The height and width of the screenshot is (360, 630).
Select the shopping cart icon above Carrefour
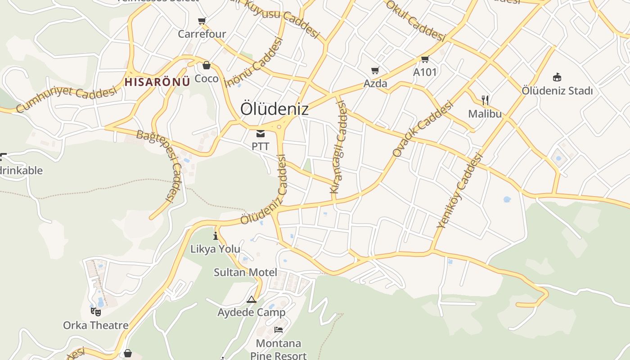point(202,21)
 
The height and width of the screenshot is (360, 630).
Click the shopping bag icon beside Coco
point(207,66)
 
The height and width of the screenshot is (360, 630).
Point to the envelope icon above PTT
point(261,134)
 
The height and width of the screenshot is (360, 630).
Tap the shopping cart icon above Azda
point(375,70)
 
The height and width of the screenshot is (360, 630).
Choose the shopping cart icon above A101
point(425,59)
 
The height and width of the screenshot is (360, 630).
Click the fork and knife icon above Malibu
point(485,100)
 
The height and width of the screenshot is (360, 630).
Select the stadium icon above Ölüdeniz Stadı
point(557,77)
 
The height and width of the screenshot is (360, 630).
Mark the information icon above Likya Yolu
point(216,235)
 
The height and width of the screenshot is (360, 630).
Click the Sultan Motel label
point(245,272)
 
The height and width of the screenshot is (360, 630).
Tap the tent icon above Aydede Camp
point(251,299)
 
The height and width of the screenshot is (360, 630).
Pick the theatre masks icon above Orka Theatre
point(95,311)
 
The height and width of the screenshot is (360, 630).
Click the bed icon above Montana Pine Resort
point(279,330)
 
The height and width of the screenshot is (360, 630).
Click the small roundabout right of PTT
point(279,127)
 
